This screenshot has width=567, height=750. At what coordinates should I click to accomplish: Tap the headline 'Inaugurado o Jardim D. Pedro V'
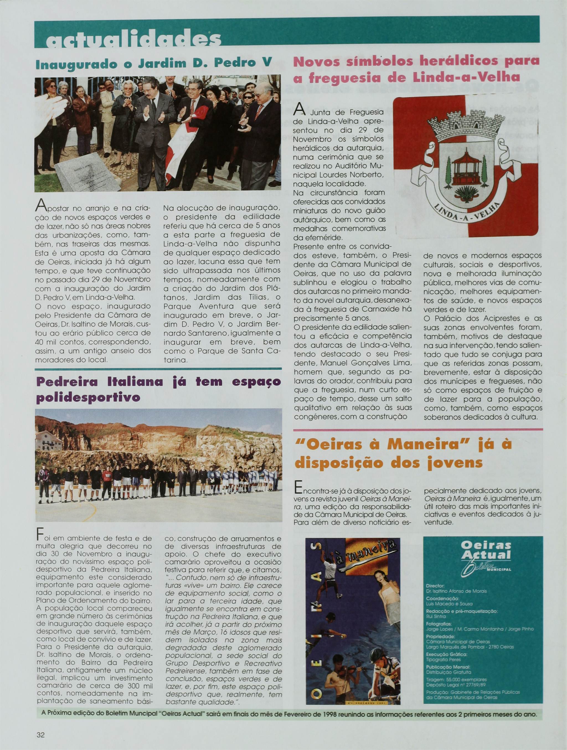(x=154, y=64)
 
